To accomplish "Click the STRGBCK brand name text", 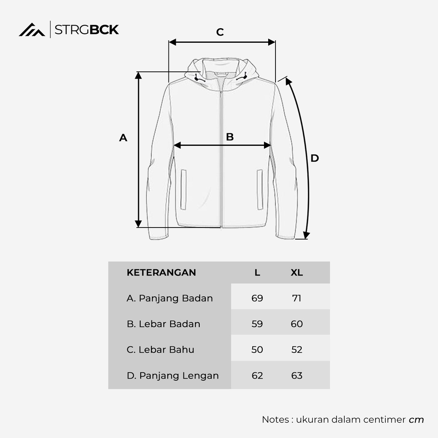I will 87,30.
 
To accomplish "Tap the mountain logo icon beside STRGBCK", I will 32,30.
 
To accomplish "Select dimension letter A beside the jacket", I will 123,138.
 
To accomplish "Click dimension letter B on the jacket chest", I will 230,137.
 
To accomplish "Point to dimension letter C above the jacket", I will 220,32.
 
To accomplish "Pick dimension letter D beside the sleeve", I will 315,158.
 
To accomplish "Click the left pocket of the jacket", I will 183,189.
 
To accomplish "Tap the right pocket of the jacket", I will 260,189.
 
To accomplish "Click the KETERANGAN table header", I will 161,272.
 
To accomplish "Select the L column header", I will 257,272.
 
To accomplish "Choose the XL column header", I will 296,272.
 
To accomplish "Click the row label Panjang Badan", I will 170,298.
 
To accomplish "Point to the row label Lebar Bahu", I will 160,349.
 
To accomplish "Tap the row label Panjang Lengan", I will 173,376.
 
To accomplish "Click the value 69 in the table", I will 257,298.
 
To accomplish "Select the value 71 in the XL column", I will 296,298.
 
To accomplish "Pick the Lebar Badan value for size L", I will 257,324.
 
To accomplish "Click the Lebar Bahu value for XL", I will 296,349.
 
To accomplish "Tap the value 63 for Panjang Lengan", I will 296,376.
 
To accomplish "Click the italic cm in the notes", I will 416,420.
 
